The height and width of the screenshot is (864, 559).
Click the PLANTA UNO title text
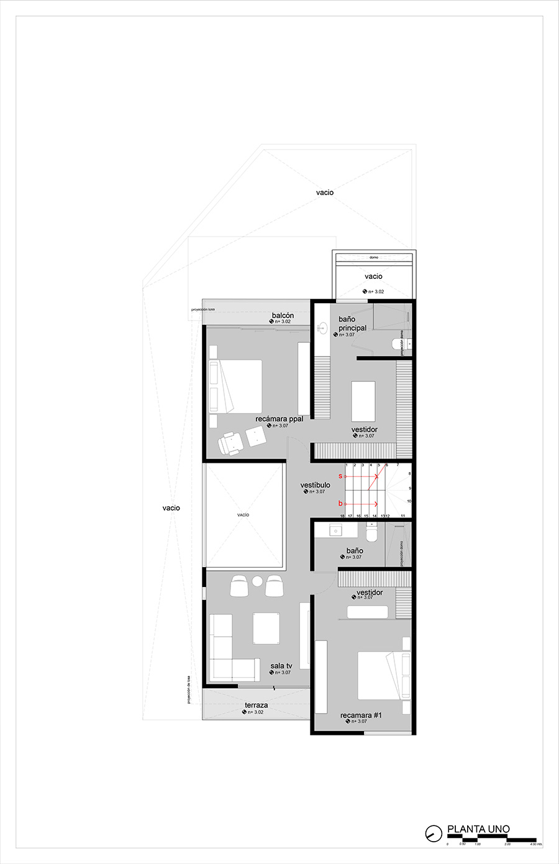478,829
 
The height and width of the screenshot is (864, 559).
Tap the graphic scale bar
491,839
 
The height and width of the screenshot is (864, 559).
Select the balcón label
283,316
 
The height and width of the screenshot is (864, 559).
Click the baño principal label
352,324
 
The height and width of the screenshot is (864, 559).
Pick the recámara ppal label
279,419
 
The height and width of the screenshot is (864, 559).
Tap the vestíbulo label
316,485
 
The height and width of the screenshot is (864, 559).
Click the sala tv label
281,666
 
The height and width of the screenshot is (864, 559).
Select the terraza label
256,705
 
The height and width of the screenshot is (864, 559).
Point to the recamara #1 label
361,716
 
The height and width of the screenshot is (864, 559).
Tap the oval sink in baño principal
322,328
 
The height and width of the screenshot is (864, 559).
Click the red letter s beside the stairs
340,476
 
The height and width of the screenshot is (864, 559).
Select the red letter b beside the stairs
340,503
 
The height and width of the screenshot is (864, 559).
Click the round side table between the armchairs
257,581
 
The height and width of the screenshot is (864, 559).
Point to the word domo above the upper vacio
373,257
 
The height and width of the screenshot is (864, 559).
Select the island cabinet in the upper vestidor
363,401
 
